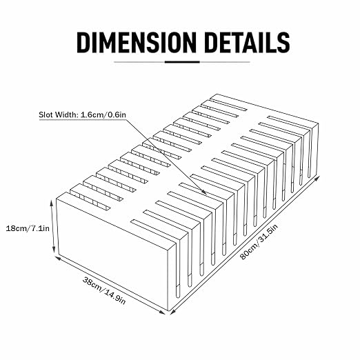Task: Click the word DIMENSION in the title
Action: coord(137,43)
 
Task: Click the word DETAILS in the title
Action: coord(247,43)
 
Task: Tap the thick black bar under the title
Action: coord(182,62)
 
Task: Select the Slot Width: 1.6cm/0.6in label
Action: coord(82,114)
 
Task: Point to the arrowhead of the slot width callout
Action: coord(204,192)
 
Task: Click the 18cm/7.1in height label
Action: coord(28,228)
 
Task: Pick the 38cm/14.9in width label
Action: coord(104,290)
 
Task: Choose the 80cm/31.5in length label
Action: coord(259,241)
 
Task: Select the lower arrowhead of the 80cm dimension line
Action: coord(172,312)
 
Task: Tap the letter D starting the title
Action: coord(83,43)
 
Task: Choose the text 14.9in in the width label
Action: coord(115,297)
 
